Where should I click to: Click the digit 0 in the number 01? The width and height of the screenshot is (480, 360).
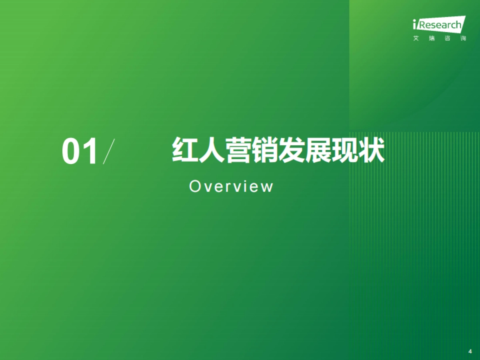(x=71, y=152)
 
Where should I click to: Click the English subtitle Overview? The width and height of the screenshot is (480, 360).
(x=231, y=186)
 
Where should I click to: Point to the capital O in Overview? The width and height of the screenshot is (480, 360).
(x=194, y=186)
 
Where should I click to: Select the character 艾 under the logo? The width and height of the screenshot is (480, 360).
(x=416, y=39)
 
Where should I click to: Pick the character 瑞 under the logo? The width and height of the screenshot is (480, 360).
(x=432, y=39)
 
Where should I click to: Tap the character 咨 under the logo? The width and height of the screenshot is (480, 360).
(x=447, y=39)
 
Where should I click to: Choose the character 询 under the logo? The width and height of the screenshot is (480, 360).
(x=463, y=39)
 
